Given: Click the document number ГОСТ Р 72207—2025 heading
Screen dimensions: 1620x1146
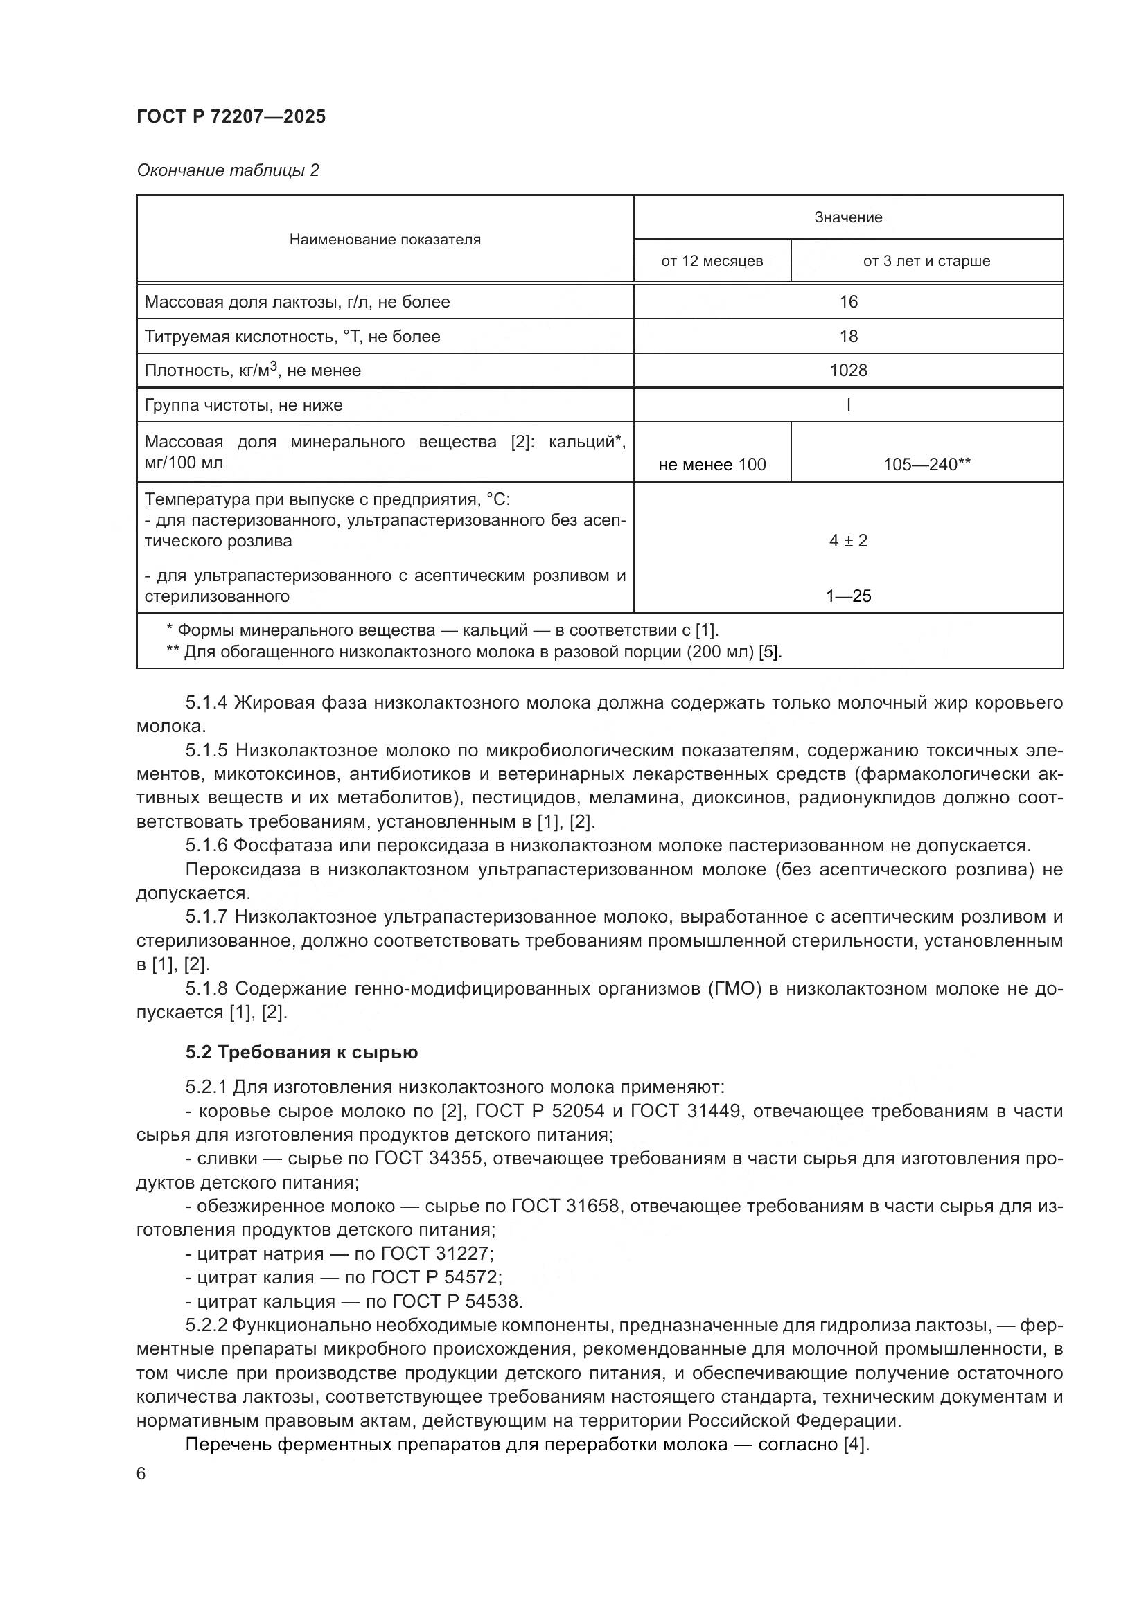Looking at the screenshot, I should (x=231, y=116).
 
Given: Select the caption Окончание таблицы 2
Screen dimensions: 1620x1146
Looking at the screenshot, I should (x=227, y=170).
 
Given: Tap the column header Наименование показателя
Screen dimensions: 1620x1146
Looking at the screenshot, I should (x=385, y=239).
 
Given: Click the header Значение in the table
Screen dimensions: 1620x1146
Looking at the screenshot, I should (x=847, y=217).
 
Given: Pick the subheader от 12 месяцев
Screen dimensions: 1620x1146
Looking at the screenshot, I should (x=712, y=261).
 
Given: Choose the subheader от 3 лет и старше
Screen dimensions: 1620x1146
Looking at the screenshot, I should (x=926, y=261).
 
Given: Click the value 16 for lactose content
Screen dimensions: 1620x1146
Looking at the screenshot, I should (x=847, y=302).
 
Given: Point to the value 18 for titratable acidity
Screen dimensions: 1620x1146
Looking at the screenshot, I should (x=847, y=337).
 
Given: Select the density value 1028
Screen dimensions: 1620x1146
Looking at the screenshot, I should (x=847, y=371).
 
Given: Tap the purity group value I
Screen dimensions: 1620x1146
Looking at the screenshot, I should (x=847, y=405).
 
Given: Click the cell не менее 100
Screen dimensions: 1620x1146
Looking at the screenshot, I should (x=712, y=464).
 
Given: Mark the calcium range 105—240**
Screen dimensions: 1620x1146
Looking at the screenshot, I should (x=926, y=464).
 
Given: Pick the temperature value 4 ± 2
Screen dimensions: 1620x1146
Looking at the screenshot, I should (x=847, y=541).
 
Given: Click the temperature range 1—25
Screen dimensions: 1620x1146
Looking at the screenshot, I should (x=847, y=596).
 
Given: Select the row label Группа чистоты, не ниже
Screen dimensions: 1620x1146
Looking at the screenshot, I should (x=243, y=405).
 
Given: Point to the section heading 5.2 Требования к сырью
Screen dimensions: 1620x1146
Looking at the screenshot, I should (x=301, y=1052).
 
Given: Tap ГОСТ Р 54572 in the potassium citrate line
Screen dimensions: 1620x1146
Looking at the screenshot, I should (x=436, y=1277).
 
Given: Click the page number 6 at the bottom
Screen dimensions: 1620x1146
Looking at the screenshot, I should (x=141, y=1474).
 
